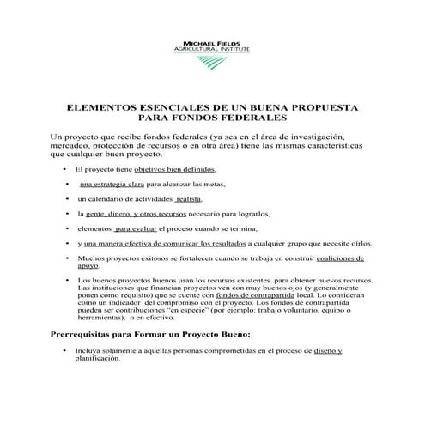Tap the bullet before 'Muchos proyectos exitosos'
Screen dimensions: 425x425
[67, 258]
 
